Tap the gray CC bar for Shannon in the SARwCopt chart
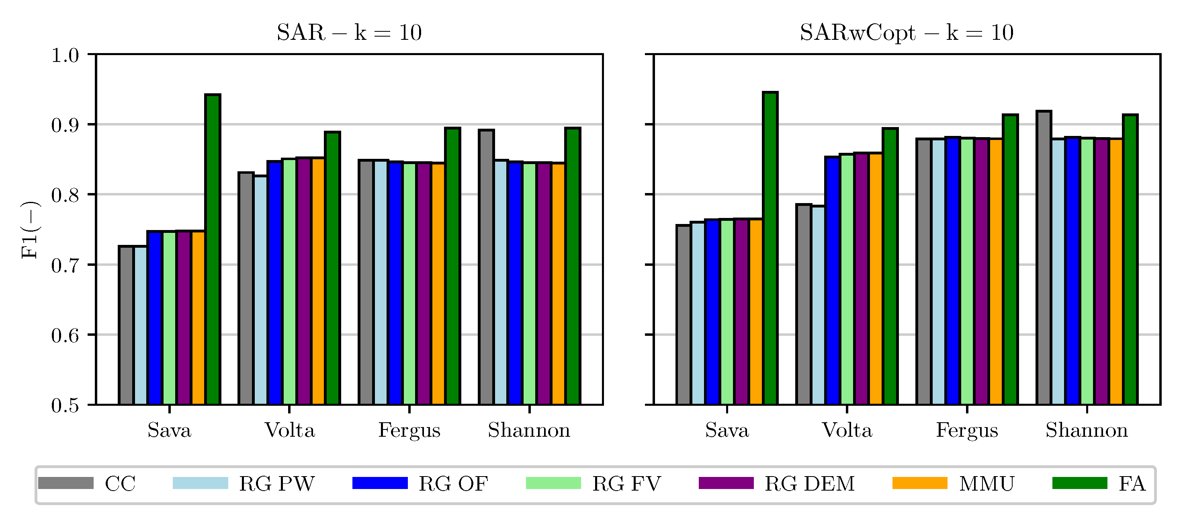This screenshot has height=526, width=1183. pyautogui.click(x=1044, y=258)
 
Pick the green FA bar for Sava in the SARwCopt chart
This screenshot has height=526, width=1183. pyautogui.click(x=770, y=248)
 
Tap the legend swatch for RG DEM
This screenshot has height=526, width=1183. pyautogui.click(x=726, y=483)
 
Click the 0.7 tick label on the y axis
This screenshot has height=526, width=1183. pyautogui.click(x=65, y=266)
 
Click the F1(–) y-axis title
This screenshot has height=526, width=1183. pyautogui.click(x=30, y=230)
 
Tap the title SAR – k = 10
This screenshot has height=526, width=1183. pyautogui.click(x=349, y=33)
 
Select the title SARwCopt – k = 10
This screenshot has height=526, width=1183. pyautogui.click(x=907, y=33)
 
